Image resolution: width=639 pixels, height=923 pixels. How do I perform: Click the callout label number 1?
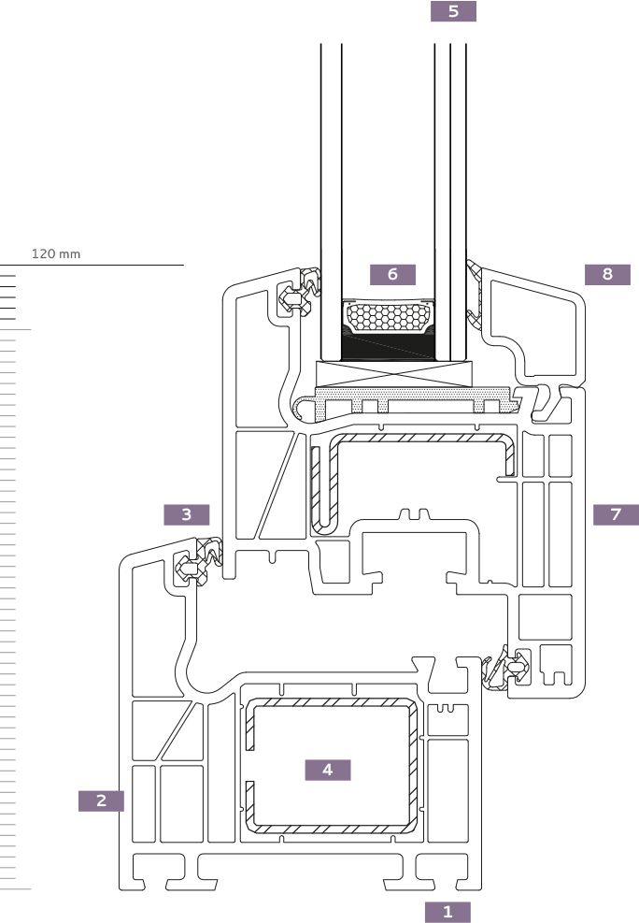[x=447, y=912]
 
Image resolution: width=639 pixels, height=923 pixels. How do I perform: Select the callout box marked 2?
[x=101, y=800]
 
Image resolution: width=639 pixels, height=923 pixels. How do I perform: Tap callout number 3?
[x=187, y=514]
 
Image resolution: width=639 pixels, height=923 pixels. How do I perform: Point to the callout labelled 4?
[x=327, y=770]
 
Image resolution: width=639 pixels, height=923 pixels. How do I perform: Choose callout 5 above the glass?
[x=453, y=11]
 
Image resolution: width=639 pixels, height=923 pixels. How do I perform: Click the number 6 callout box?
[x=392, y=274]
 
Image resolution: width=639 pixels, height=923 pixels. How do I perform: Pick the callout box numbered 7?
[x=616, y=514]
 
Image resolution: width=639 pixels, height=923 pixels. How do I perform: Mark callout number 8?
[x=607, y=274]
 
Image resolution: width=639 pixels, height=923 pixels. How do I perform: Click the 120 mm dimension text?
[x=56, y=254]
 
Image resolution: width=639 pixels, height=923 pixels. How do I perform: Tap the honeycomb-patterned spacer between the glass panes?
[x=388, y=316]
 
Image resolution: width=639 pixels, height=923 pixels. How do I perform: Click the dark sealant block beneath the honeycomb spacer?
[x=388, y=348]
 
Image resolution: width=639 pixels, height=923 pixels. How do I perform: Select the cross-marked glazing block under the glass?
[x=392, y=374]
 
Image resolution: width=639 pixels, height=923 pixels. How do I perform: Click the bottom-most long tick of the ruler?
[x=16, y=889]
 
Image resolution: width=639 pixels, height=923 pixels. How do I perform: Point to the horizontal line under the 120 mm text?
[x=93, y=266]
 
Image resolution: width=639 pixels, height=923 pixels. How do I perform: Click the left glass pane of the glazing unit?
[x=331, y=187]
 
